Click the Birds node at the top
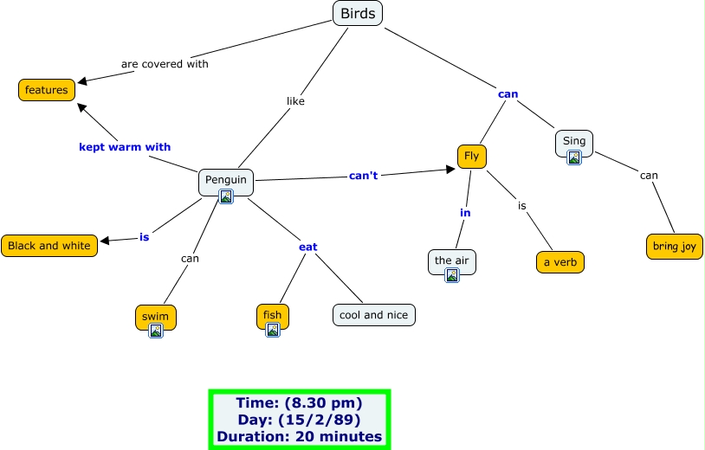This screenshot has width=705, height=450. coord(358,13)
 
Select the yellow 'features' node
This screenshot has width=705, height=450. coord(47,89)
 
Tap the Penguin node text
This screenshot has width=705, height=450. coord(226,180)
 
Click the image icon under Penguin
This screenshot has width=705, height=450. coord(226,196)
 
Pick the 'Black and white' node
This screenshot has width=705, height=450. coord(49,246)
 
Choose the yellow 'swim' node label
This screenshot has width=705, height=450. coord(156,315)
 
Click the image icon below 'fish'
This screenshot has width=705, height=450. coord(273,330)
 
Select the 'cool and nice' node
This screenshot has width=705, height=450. coord(374,315)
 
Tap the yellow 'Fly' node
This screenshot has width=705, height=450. coord(472,156)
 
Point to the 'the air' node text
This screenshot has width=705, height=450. coord(452,260)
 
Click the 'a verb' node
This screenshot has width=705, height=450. coord(560,261)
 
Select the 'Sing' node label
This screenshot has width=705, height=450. coord(574,140)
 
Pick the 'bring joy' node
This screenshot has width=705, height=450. coord(675,247)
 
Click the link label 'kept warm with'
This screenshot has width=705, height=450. coord(125,147)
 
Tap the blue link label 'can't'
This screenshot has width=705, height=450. coord(364,177)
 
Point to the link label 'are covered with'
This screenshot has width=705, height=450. coord(165,63)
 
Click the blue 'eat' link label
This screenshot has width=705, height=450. coord(307,247)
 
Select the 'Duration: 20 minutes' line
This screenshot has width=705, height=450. coord(300,437)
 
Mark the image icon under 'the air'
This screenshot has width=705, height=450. coord(452,276)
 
